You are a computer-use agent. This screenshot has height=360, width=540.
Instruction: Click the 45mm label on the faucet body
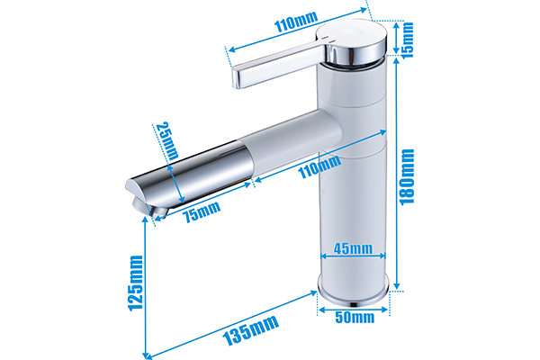pos(354,249)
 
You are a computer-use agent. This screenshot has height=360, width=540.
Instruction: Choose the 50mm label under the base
pos(355,317)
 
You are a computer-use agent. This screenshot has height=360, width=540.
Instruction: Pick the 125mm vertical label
pos(136,283)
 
